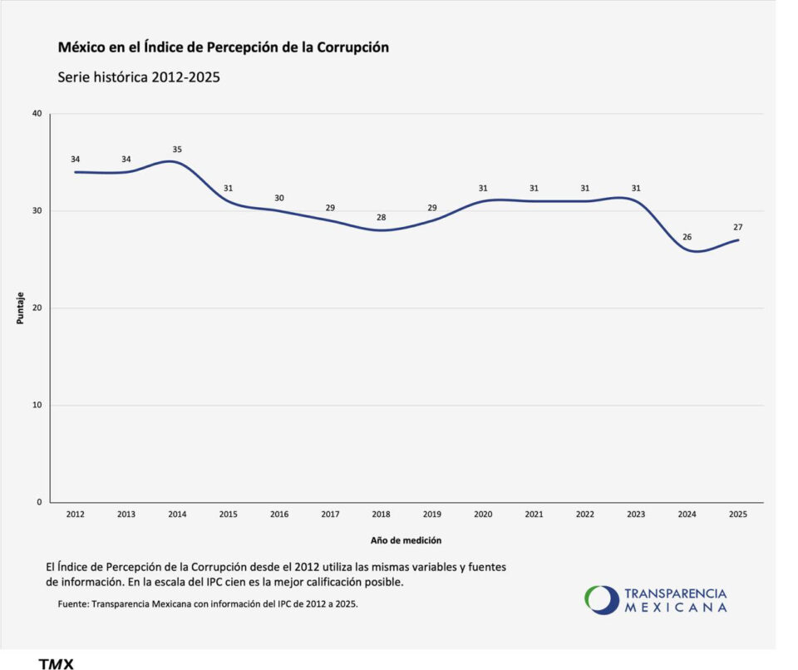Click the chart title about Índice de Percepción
point(224,47)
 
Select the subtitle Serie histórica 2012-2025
point(139,77)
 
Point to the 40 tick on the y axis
point(37,114)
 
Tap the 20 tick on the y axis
point(37,308)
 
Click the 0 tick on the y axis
point(39,502)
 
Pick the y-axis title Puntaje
point(20,308)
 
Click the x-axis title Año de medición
point(406,540)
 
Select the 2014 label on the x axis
point(177,515)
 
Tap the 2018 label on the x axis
point(381,515)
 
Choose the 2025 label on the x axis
point(738,515)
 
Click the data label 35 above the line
point(177,150)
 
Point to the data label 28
point(381,218)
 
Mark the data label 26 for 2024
point(687,237)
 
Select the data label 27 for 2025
point(738,228)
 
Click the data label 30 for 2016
point(279,198)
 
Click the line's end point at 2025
point(738,239)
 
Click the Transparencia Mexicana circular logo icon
point(602,600)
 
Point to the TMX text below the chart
point(56,663)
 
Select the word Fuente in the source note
point(73,604)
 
